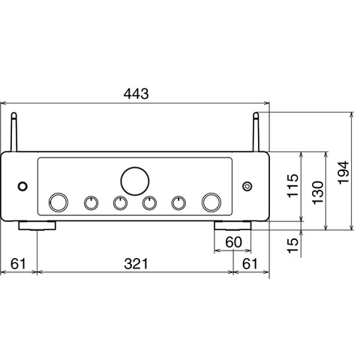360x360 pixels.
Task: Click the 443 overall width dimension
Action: coord(136,94)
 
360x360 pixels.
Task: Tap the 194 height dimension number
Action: coord(343,172)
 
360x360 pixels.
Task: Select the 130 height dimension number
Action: coord(318,193)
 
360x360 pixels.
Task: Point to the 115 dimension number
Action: coord(293,185)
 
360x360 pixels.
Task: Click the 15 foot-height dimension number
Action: coord(293,245)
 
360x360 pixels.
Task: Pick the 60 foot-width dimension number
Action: coord(234,242)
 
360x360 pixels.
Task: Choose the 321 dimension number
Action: coord(136,264)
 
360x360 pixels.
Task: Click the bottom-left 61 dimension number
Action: coord(18,264)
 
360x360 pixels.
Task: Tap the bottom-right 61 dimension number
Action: coord(250,264)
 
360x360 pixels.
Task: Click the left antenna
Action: coord(13,132)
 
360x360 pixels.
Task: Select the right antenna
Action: coord(256,132)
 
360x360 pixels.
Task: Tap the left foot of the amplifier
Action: coord(37,225)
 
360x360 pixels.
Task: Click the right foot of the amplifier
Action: coord(232,225)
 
